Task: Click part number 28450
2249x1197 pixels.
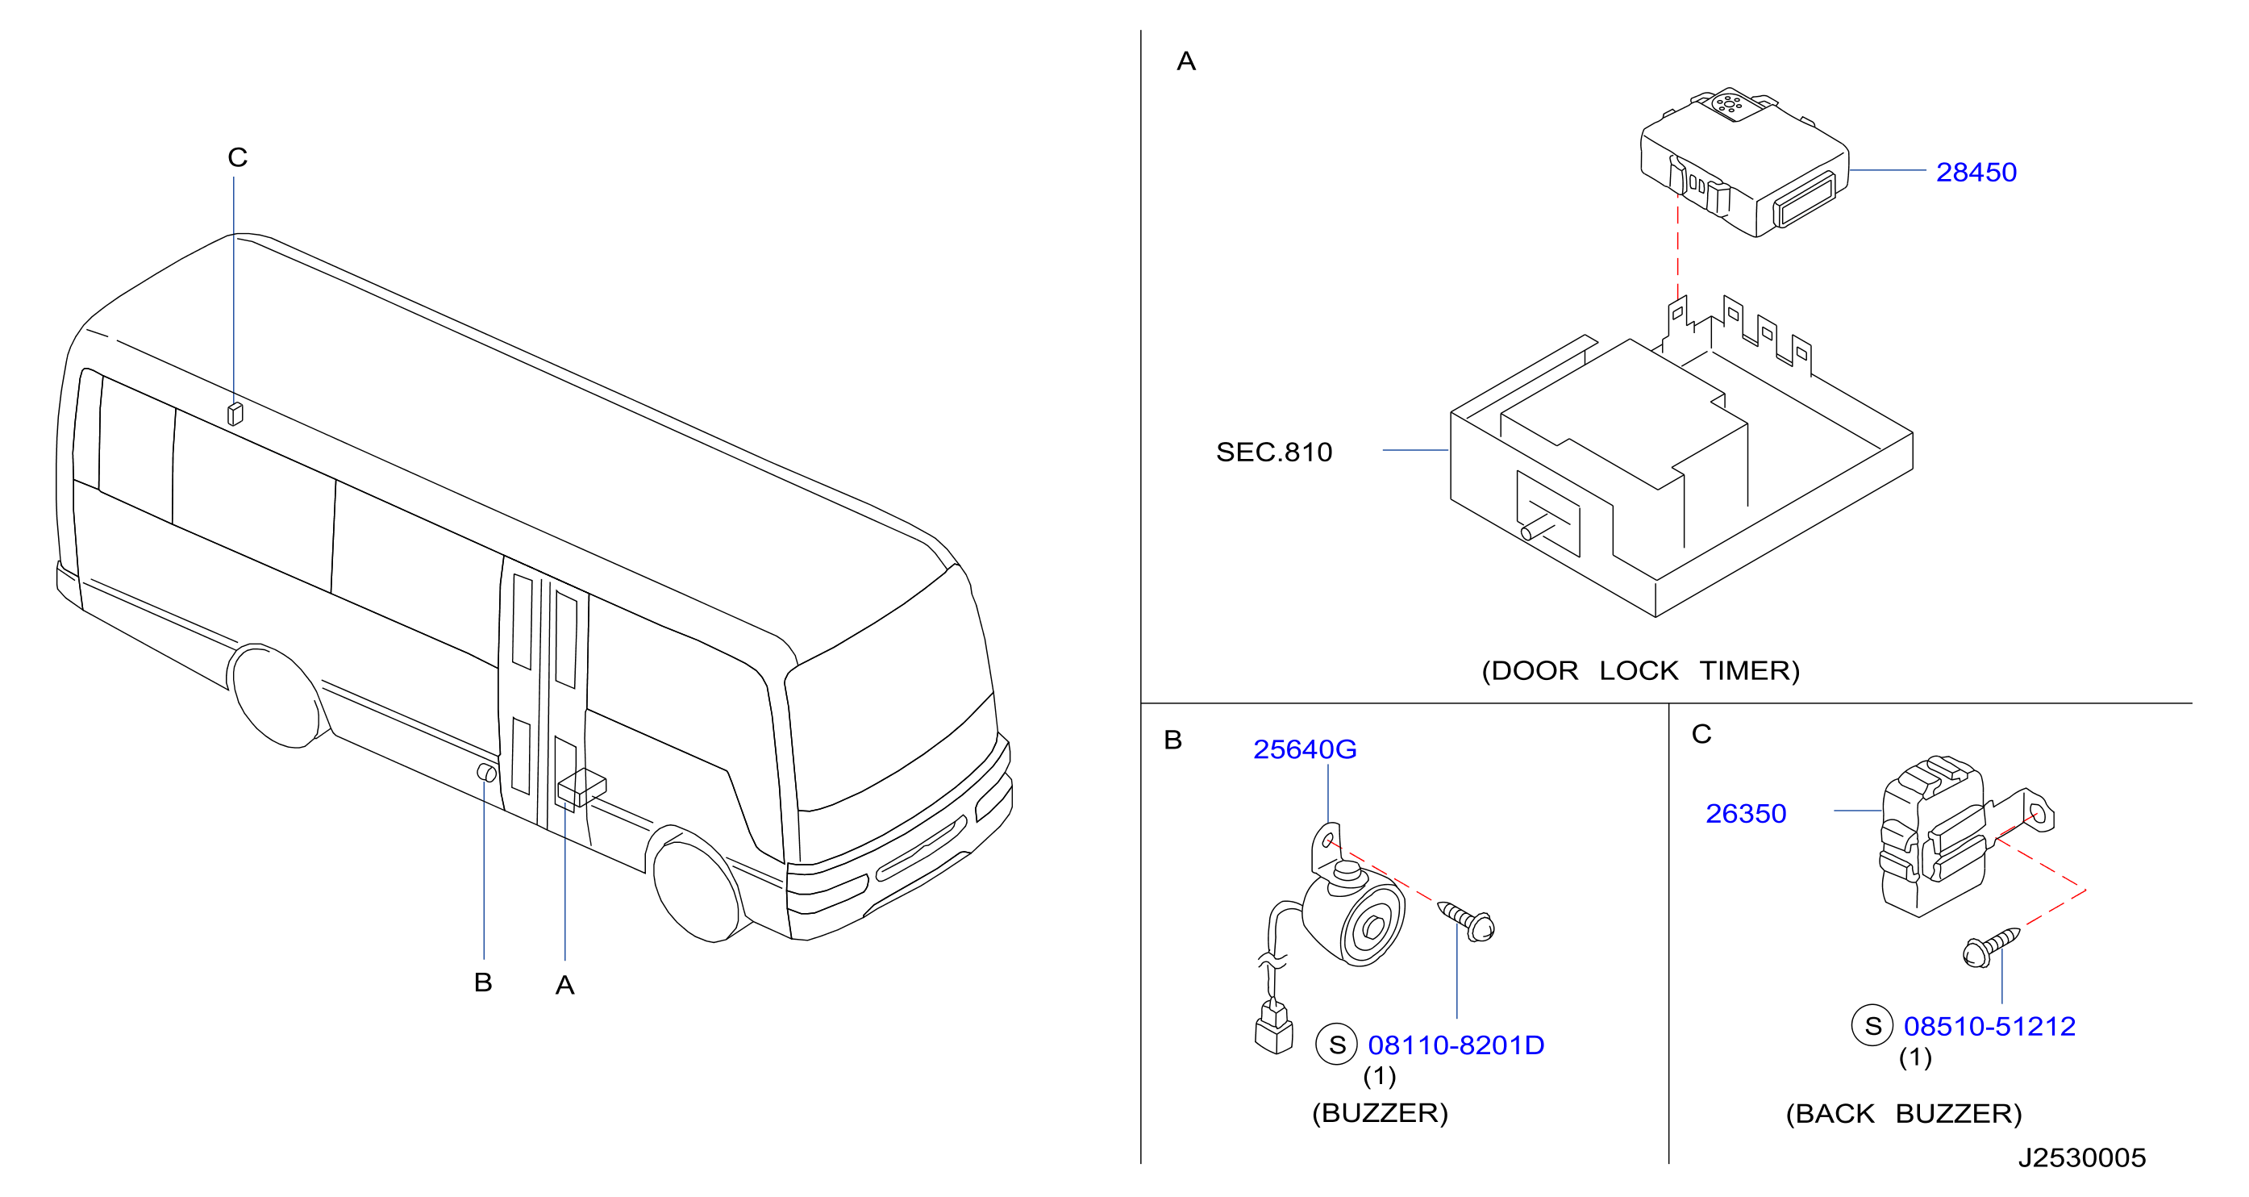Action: [1976, 172]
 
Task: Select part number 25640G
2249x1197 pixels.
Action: [1305, 749]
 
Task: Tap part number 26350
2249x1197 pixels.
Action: [1745, 814]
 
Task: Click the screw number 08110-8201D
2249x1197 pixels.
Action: [1456, 1045]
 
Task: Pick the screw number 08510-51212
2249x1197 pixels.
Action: [1989, 1026]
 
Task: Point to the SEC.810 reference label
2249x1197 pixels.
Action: [1274, 452]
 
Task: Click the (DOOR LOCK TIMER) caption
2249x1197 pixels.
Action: [1640, 670]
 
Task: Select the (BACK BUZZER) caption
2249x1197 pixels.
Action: [1903, 1114]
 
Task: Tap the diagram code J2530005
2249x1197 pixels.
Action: [2081, 1157]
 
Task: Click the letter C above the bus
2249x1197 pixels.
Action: [237, 157]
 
